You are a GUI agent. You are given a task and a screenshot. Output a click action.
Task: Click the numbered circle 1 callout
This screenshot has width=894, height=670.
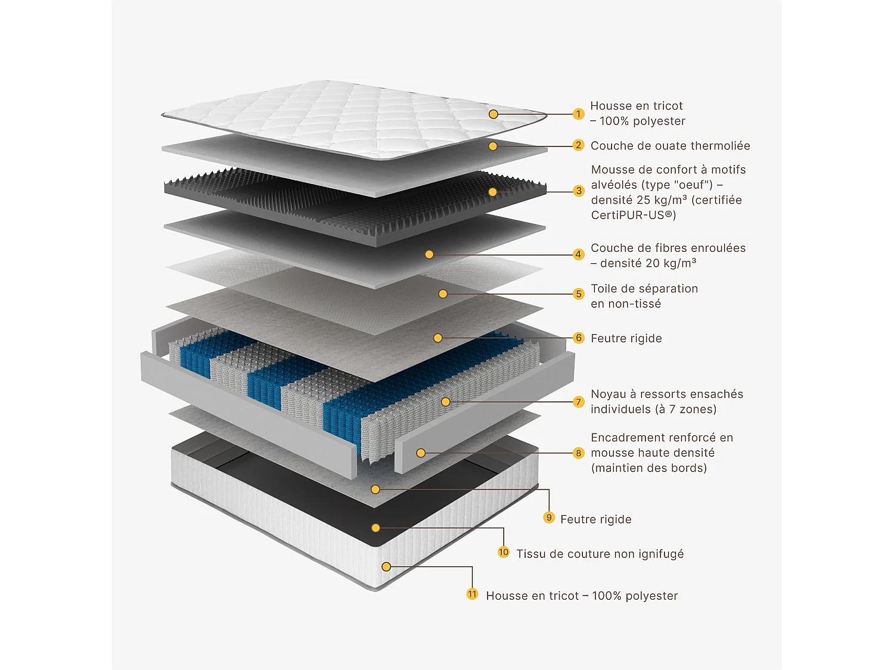click(x=578, y=114)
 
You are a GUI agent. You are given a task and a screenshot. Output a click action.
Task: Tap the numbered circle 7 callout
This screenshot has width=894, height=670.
click(x=578, y=402)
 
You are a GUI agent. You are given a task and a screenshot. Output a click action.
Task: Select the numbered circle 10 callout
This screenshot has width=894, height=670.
click(x=504, y=552)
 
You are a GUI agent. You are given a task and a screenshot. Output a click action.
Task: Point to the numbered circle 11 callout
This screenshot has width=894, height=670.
click(x=472, y=594)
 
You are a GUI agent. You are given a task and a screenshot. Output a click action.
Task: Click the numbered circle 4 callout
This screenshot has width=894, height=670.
click(x=578, y=254)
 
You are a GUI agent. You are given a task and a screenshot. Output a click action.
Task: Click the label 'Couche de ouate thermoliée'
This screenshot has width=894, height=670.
click(x=670, y=146)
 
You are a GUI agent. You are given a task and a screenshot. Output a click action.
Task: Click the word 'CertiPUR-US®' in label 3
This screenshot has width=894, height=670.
click(x=633, y=215)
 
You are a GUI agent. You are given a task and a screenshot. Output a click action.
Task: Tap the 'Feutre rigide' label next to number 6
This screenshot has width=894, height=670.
click(x=626, y=338)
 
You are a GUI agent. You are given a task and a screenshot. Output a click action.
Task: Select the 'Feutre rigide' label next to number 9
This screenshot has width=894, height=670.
click(x=595, y=519)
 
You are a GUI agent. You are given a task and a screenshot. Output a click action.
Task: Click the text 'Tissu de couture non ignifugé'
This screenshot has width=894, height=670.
click(x=600, y=554)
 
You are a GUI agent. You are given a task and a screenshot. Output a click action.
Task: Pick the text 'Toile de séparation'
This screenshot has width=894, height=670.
click(x=644, y=289)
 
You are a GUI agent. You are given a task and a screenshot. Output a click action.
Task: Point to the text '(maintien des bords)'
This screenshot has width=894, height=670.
click(x=648, y=468)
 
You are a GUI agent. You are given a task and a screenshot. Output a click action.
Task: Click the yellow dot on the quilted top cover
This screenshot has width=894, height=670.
click(x=493, y=114)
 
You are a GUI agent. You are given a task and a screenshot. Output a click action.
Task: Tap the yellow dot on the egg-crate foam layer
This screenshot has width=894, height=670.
click(x=492, y=192)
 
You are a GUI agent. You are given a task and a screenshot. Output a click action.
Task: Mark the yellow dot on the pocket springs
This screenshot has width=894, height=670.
click(x=445, y=402)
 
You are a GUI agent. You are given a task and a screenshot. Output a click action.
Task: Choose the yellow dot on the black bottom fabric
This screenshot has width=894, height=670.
click(x=375, y=528)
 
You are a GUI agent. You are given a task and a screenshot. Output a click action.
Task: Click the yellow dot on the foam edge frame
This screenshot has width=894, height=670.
click(x=421, y=453)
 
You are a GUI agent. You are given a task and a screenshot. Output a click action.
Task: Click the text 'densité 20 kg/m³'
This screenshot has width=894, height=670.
click(x=648, y=263)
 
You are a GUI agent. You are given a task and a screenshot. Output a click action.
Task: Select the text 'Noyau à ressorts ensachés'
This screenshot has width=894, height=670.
click(x=666, y=394)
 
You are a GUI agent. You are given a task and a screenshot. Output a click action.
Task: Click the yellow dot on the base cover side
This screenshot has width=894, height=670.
click(x=386, y=566)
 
